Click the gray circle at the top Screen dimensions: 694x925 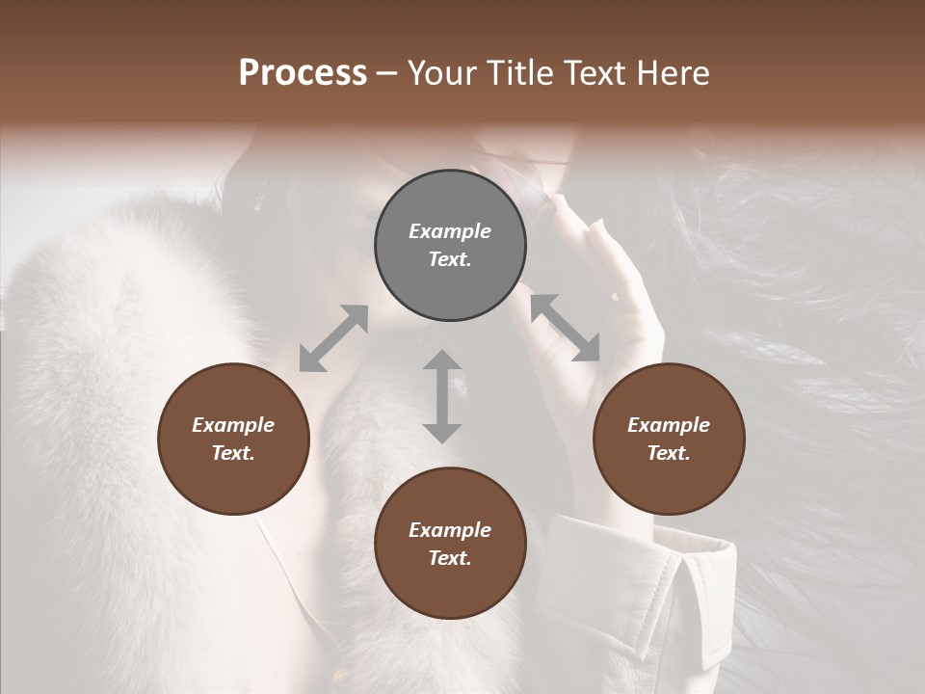click(x=450, y=246)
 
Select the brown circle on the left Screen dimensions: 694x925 click(x=233, y=440)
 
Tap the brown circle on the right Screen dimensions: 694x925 click(x=669, y=440)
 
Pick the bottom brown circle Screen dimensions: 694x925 click(x=450, y=544)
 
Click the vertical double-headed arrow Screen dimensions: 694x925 click(x=442, y=396)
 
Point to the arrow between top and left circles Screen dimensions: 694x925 click(x=333, y=338)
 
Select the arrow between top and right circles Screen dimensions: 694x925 click(x=566, y=328)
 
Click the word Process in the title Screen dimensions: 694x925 click(x=303, y=73)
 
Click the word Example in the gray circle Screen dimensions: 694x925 click(x=450, y=231)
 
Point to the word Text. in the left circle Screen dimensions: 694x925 click(x=233, y=453)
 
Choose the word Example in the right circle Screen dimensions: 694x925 click(x=669, y=425)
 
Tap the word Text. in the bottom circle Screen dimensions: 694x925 click(x=450, y=558)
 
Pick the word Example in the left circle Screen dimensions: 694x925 click(x=233, y=425)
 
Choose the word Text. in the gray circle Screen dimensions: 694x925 click(x=450, y=259)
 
